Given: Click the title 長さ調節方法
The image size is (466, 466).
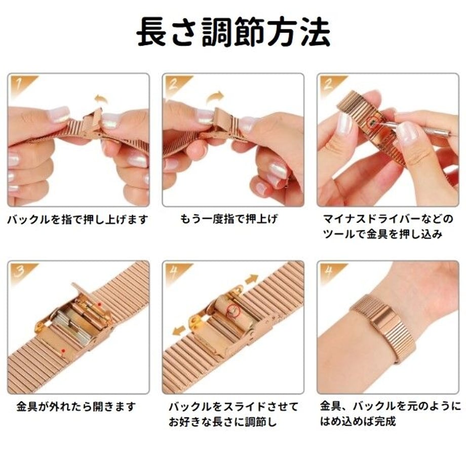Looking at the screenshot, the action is point(234,32).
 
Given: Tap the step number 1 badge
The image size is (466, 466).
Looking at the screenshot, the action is point(21,85).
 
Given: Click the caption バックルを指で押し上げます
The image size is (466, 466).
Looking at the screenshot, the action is point(77,220).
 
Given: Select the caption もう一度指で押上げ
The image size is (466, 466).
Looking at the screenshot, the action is point(229,219).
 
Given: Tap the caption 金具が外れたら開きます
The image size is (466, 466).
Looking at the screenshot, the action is point(76,406).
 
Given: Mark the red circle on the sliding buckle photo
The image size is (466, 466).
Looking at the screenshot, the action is point(233,310).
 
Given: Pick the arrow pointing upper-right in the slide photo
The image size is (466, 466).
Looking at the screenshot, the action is point(252,280).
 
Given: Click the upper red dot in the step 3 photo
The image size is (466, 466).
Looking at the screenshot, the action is point(100,304).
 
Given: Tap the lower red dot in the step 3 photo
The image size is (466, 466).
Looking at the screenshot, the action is point(63,351).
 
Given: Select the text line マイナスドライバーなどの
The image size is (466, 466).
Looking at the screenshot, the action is point(388,219).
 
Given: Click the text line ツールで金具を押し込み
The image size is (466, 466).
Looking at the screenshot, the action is point(383,234).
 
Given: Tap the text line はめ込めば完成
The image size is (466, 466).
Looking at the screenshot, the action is point(358,421).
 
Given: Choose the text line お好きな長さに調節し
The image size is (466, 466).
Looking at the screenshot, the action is point(222,422).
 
